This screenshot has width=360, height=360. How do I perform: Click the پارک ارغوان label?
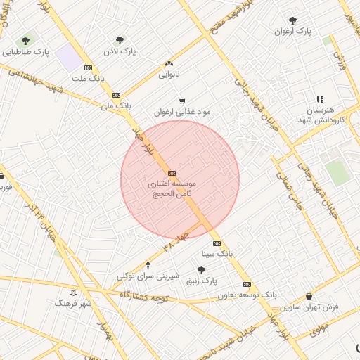[293, 31]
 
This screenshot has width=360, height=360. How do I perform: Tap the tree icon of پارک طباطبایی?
[26, 41]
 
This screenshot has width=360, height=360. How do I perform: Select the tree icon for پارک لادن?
[119, 41]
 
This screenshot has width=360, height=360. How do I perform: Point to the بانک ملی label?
[117, 105]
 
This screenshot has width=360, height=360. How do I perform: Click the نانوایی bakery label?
[169, 73]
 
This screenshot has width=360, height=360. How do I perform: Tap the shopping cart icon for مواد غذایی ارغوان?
[183, 101]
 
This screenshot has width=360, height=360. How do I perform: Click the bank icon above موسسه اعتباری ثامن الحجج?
[172, 172]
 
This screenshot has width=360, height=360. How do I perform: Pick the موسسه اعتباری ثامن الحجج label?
[172, 188]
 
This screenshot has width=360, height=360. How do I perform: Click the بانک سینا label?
[217, 252]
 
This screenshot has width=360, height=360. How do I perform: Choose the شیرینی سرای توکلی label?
[148, 276]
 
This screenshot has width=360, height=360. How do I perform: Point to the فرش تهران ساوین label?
[309, 307]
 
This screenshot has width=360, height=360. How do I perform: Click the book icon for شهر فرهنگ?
[75, 292]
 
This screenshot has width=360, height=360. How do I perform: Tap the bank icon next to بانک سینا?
[217, 242]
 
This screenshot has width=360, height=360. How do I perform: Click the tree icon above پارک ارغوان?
[293, 20]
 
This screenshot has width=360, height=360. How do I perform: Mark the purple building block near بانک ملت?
[70, 57]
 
